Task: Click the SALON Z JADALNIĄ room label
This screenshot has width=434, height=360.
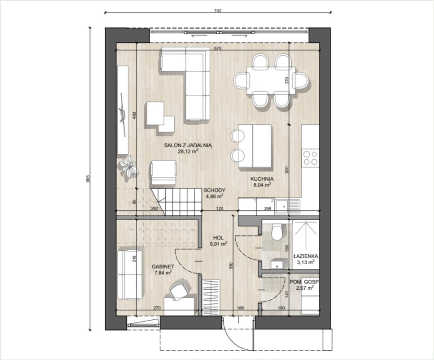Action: [x=188, y=145]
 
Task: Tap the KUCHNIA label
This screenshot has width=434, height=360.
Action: [x=262, y=179]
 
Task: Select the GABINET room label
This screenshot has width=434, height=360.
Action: [x=163, y=267]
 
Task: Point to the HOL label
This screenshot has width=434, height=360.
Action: [x=218, y=237]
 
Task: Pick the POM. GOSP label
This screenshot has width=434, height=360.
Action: [x=304, y=282]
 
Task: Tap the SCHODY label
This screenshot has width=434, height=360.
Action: [x=214, y=190]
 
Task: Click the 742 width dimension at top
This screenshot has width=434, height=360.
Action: [x=218, y=11]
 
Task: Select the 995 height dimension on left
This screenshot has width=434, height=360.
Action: [x=88, y=179]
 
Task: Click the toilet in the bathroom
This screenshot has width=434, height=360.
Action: [x=276, y=232]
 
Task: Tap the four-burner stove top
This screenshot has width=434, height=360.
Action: [x=310, y=158]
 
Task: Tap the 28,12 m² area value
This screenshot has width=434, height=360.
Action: [x=188, y=151]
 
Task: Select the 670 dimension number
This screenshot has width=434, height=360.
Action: [x=218, y=49]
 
